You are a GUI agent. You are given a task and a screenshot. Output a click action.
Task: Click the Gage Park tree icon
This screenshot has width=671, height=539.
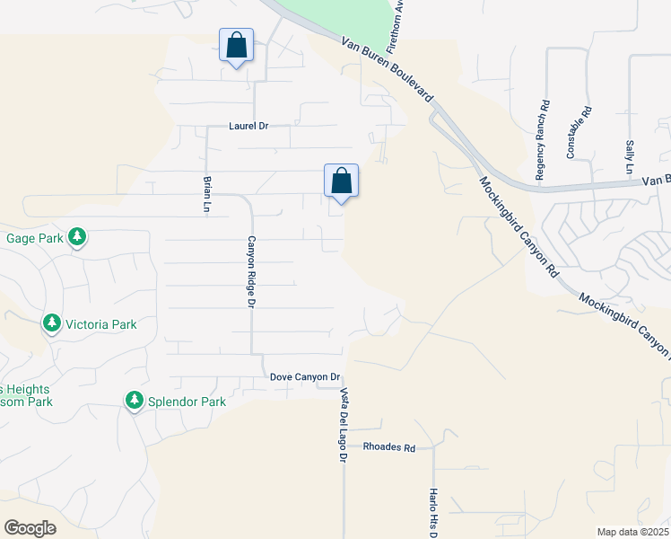[78, 237]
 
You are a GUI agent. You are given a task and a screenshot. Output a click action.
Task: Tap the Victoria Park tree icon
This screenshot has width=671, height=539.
[52, 323]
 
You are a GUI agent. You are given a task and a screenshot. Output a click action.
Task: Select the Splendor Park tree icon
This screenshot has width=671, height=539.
[135, 401]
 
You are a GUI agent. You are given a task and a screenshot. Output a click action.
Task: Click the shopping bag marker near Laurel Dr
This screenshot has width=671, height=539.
[341, 181]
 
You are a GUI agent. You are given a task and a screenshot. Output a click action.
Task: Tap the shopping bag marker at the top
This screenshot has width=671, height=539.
[237, 46]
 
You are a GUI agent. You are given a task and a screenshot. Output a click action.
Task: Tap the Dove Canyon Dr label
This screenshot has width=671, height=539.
[306, 378]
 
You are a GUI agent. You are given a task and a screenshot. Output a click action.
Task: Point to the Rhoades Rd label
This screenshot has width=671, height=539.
[389, 447]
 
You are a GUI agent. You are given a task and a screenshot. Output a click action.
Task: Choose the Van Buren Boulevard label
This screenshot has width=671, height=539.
[387, 70]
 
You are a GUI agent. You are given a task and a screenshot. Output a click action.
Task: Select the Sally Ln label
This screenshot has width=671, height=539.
[629, 157]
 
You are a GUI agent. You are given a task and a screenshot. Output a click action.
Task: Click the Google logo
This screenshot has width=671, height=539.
[30, 527]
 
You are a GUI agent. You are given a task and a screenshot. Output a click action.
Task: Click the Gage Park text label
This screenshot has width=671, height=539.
[31, 238]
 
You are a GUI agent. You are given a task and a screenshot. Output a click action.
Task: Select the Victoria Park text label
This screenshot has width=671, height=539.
[101, 323]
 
